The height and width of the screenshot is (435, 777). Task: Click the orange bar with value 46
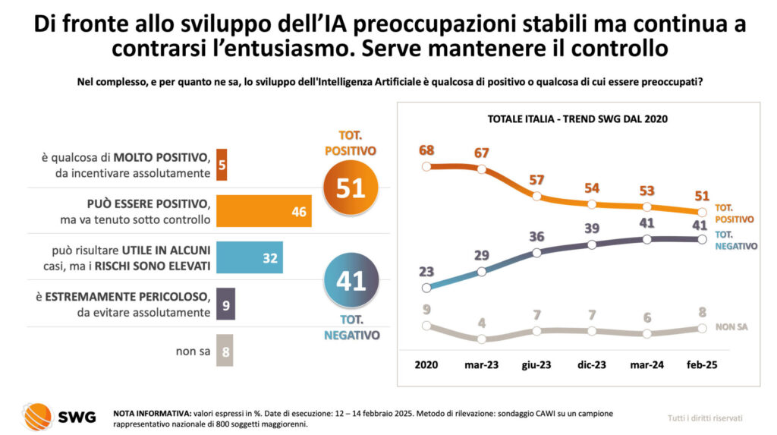(264, 211)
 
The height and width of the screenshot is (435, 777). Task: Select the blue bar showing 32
(250, 257)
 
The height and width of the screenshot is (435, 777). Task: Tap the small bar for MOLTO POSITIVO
(222, 165)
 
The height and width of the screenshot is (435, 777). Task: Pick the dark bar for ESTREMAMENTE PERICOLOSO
(226, 304)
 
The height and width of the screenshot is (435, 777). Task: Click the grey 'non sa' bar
(225, 351)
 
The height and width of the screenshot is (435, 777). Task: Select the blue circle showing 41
(351, 281)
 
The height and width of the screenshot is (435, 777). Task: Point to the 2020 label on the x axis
(426, 364)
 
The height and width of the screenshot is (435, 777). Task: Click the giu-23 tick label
(536, 364)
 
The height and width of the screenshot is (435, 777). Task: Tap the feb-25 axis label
(701, 364)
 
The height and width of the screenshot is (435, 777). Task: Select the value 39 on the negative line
(591, 229)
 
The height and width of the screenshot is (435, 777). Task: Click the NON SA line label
(731, 327)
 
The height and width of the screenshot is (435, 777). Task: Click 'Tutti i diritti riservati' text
(705, 418)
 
